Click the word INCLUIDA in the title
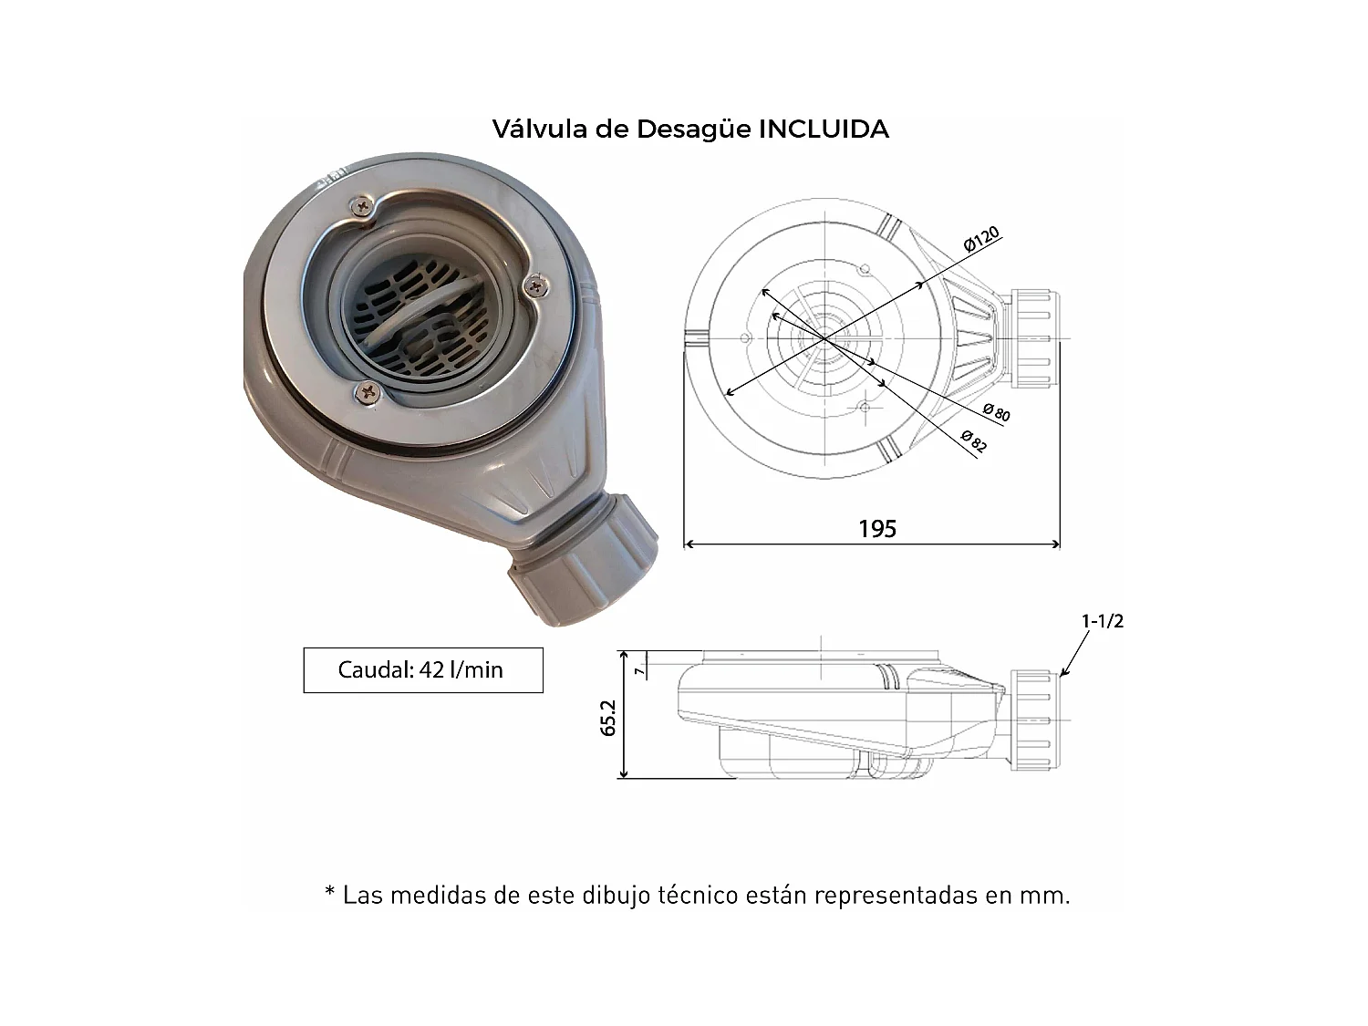pyautogui.click(x=824, y=130)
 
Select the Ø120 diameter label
pyautogui.click(x=981, y=239)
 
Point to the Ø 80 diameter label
pyautogui.click(x=996, y=412)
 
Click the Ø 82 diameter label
pyautogui.click(x=973, y=440)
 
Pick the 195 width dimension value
pyautogui.click(x=876, y=529)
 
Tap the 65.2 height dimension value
pyautogui.click(x=609, y=717)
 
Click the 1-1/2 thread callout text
pyautogui.click(x=1102, y=621)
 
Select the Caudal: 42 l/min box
pyautogui.click(x=422, y=670)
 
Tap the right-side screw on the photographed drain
pyautogui.click(x=535, y=286)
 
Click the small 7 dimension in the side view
pyautogui.click(x=640, y=669)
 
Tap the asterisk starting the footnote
pyautogui.click(x=330, y=894)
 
